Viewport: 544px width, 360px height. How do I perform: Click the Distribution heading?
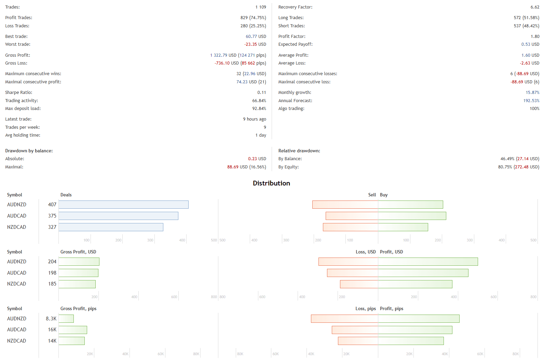(x=271, y=183)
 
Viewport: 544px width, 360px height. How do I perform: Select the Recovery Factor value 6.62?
(x=535, y=7)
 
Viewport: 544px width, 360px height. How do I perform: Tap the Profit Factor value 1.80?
(x=535, y=37)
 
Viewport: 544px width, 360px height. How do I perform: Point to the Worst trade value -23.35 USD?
(x=255, y=44)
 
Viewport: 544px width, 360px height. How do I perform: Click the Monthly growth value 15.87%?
(x=532, y=93)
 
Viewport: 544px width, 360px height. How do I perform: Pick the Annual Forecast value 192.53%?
(x=531, y=101)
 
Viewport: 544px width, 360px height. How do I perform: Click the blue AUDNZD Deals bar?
(x=123, y=205)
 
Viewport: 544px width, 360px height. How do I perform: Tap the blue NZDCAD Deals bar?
(x=111, y=227)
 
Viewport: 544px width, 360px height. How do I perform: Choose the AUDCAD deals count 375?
(x=52, y=216)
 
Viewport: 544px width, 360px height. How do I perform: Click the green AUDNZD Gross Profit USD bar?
(x=79, y=262)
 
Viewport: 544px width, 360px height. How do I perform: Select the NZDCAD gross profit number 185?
(x=52, y=284)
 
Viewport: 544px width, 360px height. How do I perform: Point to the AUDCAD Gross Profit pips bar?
(x=73, y=330)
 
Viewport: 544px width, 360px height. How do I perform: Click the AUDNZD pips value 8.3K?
(x=51, y=319)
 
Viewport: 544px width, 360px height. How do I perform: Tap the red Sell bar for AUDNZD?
(x=345, y=205)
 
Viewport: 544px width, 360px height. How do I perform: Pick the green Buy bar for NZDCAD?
(x=403, y=227)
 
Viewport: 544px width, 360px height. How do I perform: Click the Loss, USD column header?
(x=366, y=252)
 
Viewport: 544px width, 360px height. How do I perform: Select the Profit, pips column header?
(x=392, y=309)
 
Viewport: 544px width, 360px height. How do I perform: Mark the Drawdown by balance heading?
(x=29, y=151)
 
